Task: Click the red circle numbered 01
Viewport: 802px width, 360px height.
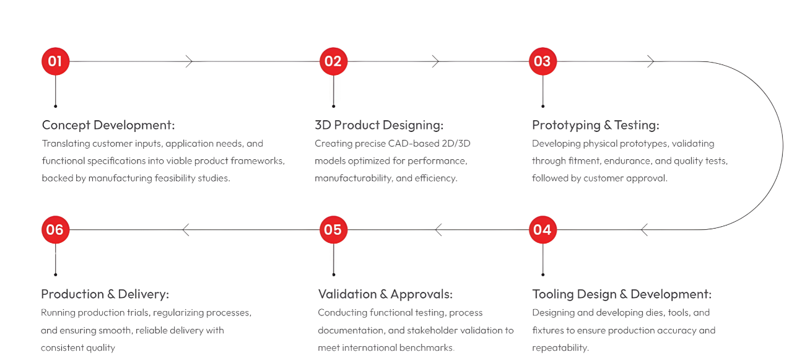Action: pos(55,61)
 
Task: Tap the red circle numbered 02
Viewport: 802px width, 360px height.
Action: pos(333,61)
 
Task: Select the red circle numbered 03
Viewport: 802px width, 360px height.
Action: pos(543,61)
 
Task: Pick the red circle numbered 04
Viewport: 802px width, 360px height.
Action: pos(543,230)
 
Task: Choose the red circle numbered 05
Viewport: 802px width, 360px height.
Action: pos(333,230)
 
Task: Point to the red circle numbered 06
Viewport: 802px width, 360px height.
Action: pos(55,230)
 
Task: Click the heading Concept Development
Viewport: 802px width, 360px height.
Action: pos(108,125)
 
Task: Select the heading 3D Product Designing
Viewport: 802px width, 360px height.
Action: pos(379,125)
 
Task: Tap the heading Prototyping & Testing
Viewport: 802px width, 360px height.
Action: pos(595,125)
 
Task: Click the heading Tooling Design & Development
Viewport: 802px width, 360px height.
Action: pos(621,294)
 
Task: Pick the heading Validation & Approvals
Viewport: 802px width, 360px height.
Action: pos(385,294)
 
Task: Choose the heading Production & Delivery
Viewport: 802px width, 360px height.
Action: pos(105,294)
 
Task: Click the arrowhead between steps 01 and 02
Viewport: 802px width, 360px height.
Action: pos(190,61)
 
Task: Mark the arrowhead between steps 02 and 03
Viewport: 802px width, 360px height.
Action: pos(435,61)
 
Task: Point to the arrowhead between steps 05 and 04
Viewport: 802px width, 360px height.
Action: pos(439,230)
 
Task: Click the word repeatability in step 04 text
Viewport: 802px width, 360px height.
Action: pos(559,348)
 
